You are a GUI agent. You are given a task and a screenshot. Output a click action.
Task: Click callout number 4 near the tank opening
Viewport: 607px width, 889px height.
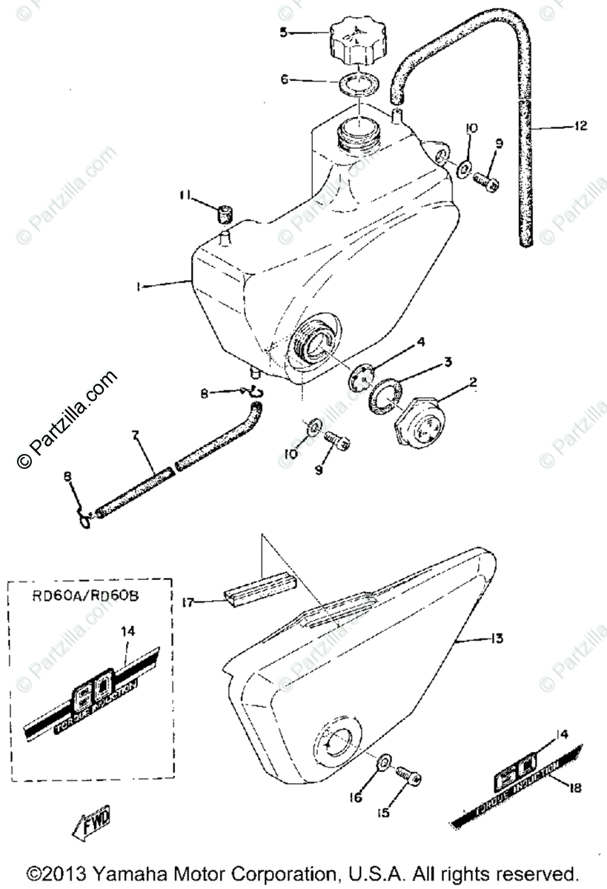tap(420, 343)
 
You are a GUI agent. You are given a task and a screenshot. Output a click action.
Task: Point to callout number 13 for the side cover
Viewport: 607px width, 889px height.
tap(497, 637)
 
